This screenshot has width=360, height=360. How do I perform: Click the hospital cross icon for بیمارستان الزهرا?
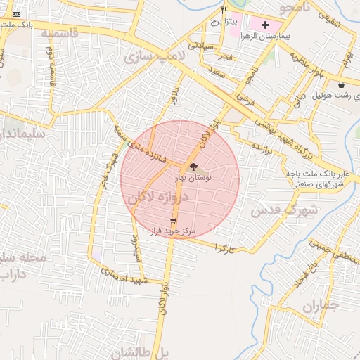pyautogui.click(x=265, y=25)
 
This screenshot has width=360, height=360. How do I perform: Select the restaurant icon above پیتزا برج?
pyautogui.click(x=224, y=11)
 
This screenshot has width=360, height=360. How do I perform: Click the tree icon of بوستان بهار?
pyautogui.click(x=194, y=167)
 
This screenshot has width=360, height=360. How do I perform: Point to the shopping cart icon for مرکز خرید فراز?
pyautogui.click(x=173, y=220)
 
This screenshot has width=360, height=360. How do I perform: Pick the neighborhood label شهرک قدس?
pyautogui.click(x=285, y=210)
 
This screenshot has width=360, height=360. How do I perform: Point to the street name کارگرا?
pyautogui.click(x=226, y=248)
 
